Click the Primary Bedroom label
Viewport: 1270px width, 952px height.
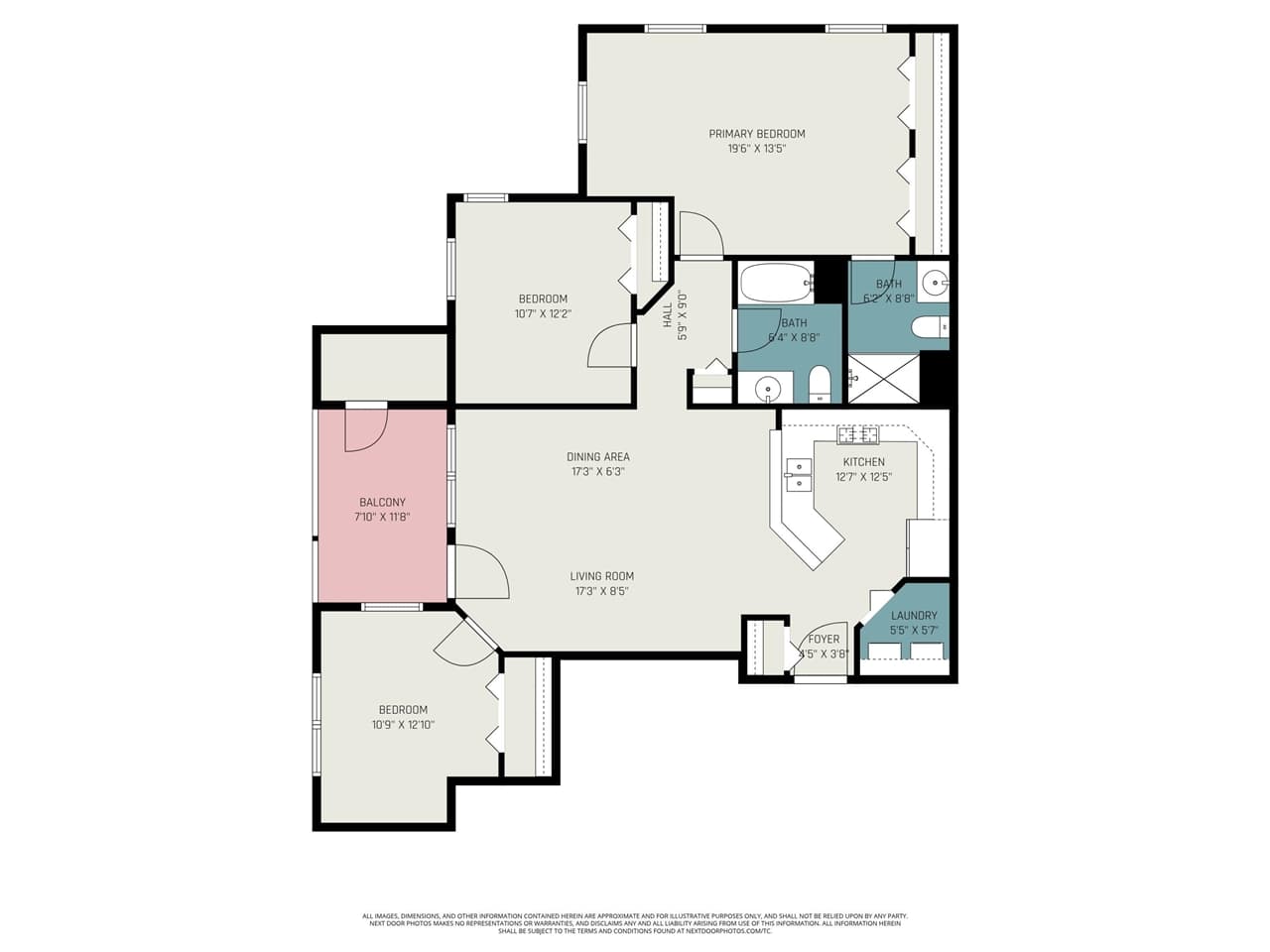[x=757, y=134]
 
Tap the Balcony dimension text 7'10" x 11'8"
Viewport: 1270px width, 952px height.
[x=382, y=517]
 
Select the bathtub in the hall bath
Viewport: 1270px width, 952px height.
[x=776, y=283]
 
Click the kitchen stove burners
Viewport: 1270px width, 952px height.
[x=857, y=434]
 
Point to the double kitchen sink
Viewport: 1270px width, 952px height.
[x=798, y=475]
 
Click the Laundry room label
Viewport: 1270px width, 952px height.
[x=913, y=616]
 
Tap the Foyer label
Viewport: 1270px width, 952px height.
[x=824, y=640]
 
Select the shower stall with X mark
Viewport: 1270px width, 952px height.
[x=883, y=378]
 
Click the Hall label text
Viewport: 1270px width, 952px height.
[x=668, y=314]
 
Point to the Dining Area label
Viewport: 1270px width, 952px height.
[x=598, y=457]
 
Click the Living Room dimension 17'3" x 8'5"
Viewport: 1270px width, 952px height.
[x=601, y=591]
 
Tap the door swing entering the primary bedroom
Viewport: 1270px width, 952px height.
[x=702, y=234]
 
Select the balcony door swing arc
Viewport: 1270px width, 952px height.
[x=364, y=428]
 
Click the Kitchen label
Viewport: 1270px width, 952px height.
[x=863, y=462]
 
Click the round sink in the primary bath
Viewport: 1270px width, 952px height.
[x=934, y=285]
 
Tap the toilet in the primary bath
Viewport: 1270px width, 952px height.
[x=931, y=326]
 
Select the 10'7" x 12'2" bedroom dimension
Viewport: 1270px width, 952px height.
[x=543, y=313]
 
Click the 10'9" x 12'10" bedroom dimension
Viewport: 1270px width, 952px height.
[x=403, y=724]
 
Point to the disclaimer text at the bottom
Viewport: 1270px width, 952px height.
[x=635, y=923]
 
